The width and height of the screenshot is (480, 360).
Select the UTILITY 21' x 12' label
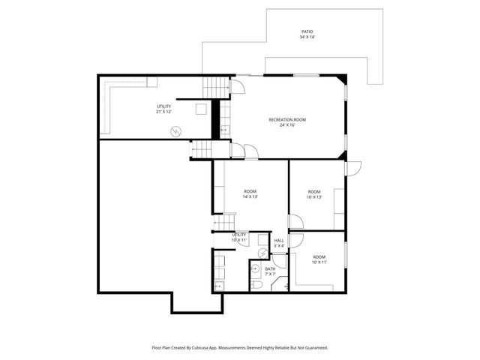[163, 109]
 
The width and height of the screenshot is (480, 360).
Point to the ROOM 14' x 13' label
[250, 194]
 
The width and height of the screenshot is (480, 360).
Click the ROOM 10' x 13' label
[314, 194]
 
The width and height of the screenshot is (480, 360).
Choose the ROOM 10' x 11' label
[319, 259]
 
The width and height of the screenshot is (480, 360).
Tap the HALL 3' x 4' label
[278, 243]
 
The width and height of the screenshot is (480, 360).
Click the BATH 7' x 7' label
[270, 271]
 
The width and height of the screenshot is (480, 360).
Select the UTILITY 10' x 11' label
[239, 238]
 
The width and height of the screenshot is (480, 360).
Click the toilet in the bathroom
[256, 284]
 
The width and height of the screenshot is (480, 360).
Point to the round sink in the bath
[255, 268]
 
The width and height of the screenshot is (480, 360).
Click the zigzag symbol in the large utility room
[175, 131]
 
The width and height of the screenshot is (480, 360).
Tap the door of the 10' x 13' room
[296, 223]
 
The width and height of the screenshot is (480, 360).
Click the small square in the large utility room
[199, 109]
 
